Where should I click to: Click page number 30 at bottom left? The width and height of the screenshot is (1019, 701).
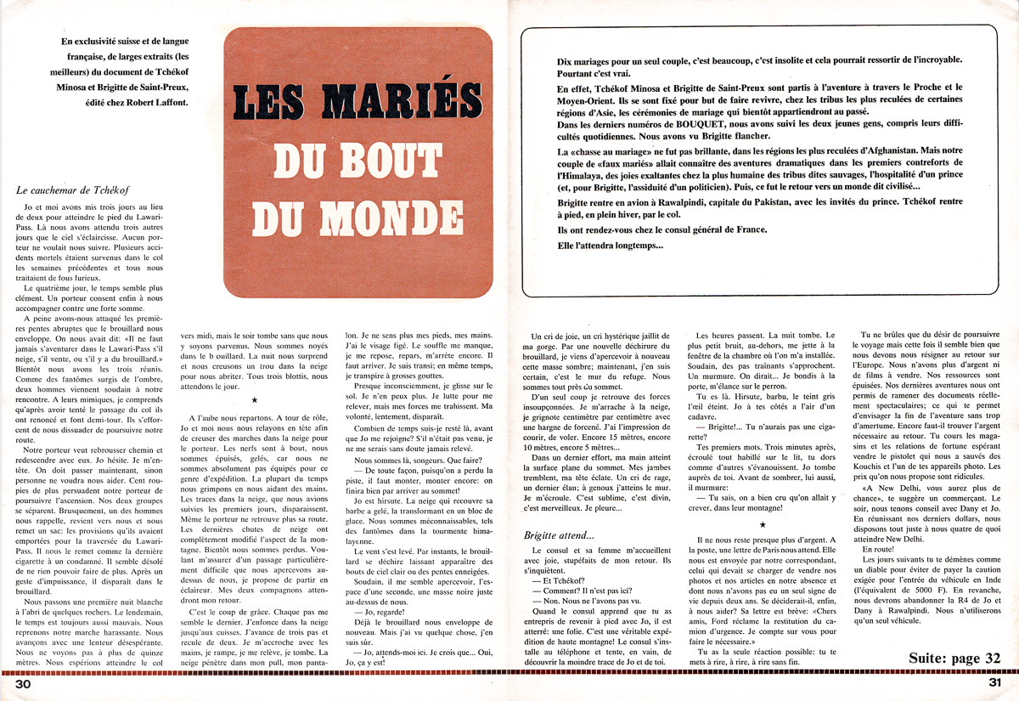[x=22, y=684]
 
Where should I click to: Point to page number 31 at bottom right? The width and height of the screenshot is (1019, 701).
[x=996, y=684]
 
